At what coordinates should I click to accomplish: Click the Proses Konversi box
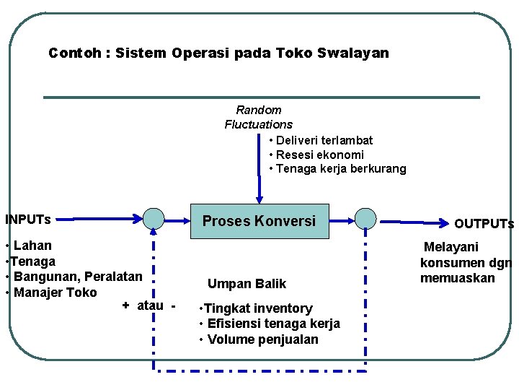tap(259, 221)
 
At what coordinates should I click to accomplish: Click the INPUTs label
tap(28, 219)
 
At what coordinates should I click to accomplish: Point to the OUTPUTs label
tap(484, 224)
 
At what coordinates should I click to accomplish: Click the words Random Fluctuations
tap(258, 117)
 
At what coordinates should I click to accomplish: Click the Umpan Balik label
tap(247, 284)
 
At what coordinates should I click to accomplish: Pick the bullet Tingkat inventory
tap(258, 308)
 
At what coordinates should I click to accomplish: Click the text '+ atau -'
tap(148, 305)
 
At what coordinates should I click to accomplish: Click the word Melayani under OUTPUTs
tap(451, 247)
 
